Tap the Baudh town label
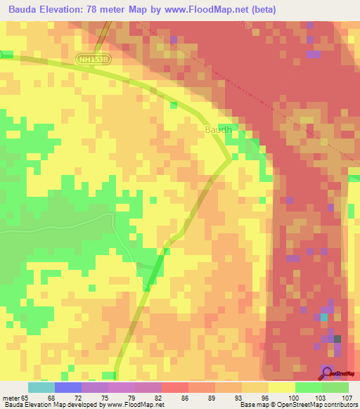[x=218, y=130]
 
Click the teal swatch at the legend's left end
[x=41, y=387]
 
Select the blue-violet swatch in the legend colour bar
[x=68, y=387]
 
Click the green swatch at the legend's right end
[x=335, y=387]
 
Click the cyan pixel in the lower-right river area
[x=323, y=317]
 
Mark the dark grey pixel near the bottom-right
[x=337, y=339]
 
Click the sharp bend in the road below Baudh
[x=231, y=160]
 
